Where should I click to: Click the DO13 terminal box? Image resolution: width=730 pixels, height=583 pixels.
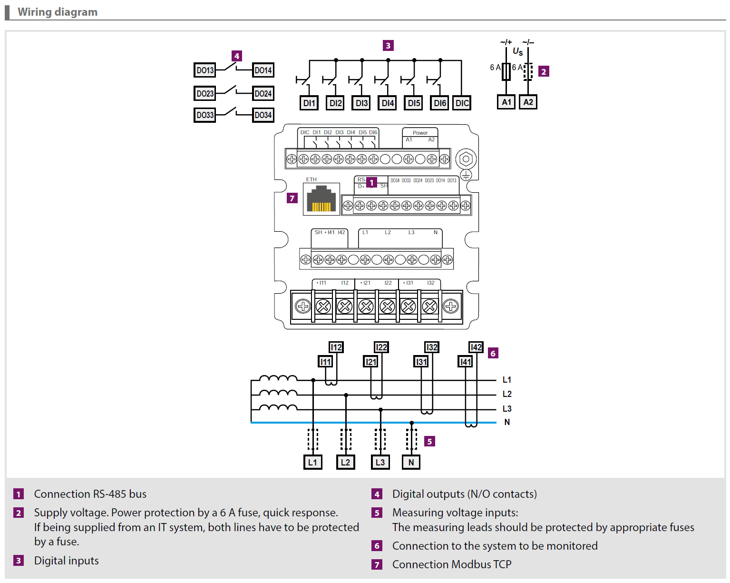(204, 70)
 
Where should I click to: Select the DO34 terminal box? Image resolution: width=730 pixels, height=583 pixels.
(263, 115)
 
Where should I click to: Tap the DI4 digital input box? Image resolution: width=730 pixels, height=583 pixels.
(388, 103)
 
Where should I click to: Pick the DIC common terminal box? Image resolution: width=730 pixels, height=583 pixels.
(462, 103)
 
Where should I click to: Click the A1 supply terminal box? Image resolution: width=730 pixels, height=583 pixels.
(506, 102)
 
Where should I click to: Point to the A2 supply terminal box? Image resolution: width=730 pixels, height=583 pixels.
(528, 102)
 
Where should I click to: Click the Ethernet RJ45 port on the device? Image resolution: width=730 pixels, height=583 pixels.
(321, 199)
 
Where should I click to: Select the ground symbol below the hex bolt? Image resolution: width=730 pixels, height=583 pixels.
(466, 175)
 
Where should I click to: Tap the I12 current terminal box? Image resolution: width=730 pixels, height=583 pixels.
(336, 347)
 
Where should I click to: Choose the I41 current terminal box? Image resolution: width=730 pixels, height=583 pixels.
(465, 362)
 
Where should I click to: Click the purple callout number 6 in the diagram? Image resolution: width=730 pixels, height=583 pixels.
(493, 353)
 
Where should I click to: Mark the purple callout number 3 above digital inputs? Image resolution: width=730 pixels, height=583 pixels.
(388, 46)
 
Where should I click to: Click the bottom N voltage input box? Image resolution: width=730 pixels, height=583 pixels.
(411, 462)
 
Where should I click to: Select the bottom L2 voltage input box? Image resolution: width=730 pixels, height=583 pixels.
(345, 462)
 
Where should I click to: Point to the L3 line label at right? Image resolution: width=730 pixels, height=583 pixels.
(507, 409)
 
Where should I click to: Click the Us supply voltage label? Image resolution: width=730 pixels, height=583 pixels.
(517, 51)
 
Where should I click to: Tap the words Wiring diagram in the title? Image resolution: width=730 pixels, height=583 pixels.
(58, 12)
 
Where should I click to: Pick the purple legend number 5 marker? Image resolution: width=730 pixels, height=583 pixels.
(377, 513)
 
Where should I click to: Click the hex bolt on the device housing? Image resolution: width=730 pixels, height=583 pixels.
(466, 159)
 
